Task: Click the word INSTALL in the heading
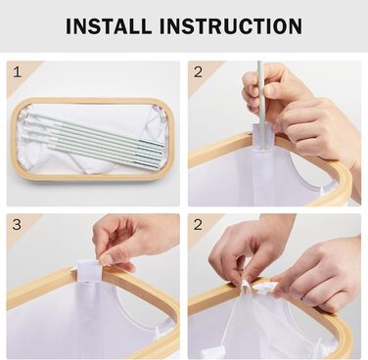(x=109, y=26)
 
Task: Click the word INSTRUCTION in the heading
(x=231, y=26)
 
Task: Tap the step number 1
(x=18, y=72)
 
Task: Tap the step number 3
(x=17, y=225)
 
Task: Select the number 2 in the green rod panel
(x=198, y=72)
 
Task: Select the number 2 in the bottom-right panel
(x=198, y=225)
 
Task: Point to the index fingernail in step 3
(x=106, y=259)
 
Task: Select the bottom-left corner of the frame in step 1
(x=18, y=173)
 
